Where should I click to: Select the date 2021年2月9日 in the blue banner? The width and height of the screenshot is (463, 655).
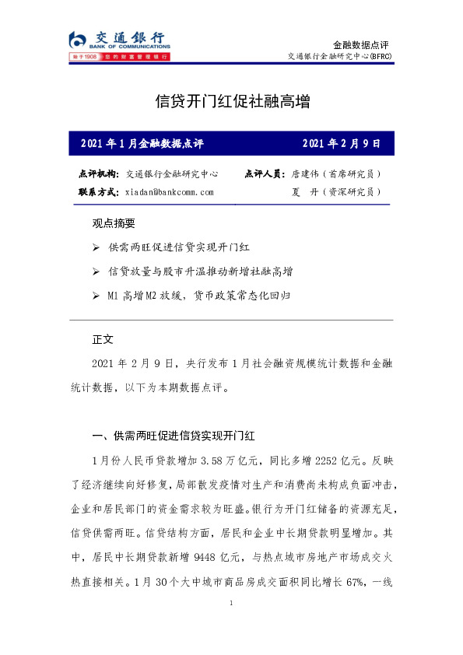click(x=341, y=144)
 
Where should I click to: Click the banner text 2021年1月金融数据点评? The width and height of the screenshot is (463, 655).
click(x=142, y=144)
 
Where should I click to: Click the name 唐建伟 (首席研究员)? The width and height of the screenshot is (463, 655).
click(x=335, y=174)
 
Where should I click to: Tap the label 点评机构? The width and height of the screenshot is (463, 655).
click(x=99, y=174)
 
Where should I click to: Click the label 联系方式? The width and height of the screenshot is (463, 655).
click(x=99, y=191)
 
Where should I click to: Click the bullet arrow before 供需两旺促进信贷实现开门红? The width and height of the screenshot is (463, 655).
click(x=96, y=247)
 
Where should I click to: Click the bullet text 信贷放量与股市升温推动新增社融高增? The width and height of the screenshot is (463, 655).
click(x=200, y=271)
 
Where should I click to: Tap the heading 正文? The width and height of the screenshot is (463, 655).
click(x=103, y=340)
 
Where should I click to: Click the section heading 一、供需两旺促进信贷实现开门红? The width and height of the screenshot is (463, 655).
click(x=170, y=436)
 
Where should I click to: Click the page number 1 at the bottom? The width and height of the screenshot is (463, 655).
click(x=232, y=604)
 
